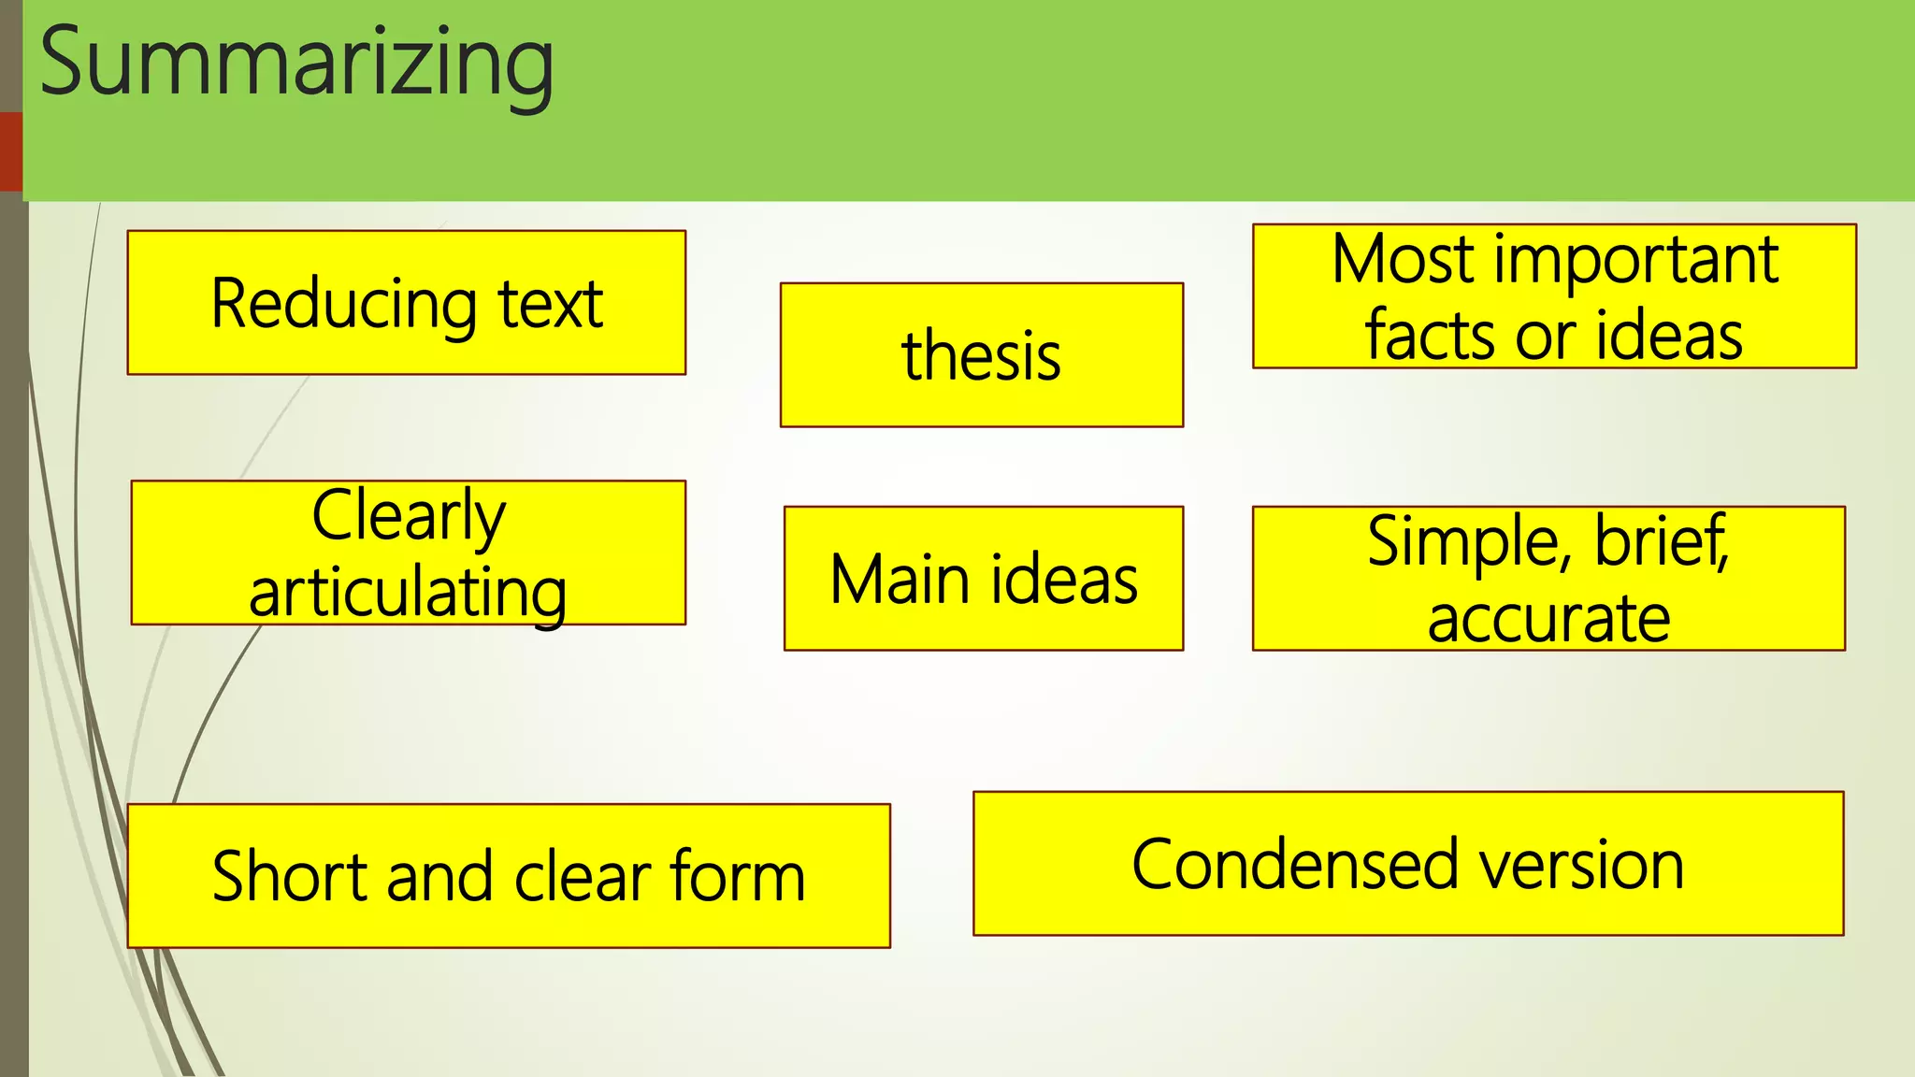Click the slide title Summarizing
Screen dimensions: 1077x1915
tap(296, 64)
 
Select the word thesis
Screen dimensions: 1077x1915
tap(981, 356)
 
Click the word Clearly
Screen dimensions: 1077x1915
tap(409, 516)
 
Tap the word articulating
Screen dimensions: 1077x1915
tap(409, 593)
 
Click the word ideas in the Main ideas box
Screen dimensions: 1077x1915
tap(1064, 580)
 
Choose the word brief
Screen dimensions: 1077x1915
tap(1661, 541)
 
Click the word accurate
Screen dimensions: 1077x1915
tap(1548, 619)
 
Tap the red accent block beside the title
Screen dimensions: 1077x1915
tap(10, 151)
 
